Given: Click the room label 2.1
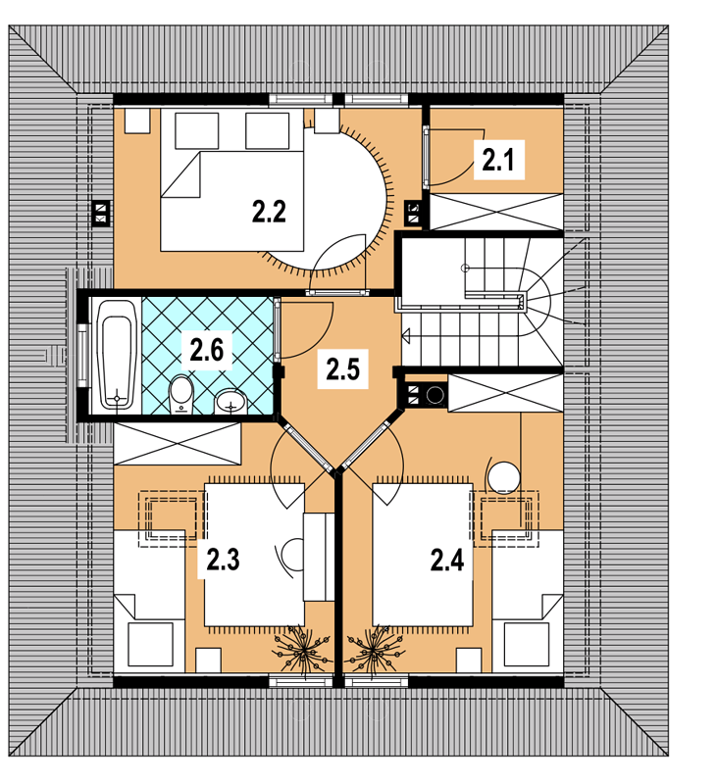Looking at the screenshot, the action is tap(498, 160).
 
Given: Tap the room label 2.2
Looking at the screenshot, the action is tap(269, 211).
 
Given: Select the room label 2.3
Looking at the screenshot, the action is tap(224, 560).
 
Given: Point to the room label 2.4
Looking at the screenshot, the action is tap(447, 560).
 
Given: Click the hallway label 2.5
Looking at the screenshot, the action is tap(342, 370).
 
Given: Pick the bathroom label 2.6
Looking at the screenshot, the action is tap(206, 350).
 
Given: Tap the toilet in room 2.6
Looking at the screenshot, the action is tap(181, 396).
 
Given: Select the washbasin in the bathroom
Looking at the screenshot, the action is tap(230, 402).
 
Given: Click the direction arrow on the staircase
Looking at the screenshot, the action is tap(406, 335).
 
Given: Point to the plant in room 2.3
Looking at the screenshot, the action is tap(303, 650).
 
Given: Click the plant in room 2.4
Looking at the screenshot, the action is tap(374, 650).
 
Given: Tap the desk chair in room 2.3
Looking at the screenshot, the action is tap(291, 555).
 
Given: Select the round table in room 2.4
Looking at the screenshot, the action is tap(504, 477).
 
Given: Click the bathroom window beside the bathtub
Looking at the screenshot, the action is tap(83, 355).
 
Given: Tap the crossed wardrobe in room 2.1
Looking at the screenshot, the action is tap(496, 212).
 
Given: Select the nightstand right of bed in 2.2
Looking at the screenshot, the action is tap(328, 121).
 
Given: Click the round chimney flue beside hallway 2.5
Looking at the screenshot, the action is tap(435, 395).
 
